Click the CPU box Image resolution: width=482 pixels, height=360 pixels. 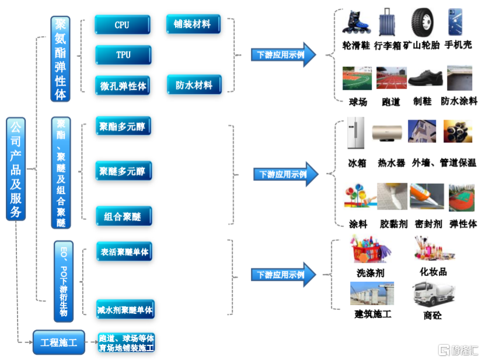coord(123,25)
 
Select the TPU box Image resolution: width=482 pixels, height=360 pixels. coord(123,55)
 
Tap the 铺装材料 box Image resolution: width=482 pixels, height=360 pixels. coord(193,24)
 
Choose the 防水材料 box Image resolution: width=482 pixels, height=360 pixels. coord(194,85)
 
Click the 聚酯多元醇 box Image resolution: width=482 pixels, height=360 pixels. coord(123,126)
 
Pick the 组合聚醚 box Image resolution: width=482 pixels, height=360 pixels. coord(124,216)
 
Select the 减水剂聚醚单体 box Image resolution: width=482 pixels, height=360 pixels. coord(125,309)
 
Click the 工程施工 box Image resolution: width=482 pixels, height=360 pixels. coord(59,342)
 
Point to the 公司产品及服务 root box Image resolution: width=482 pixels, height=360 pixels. coord(16,169)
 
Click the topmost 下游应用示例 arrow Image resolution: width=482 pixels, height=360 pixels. coord(283,55)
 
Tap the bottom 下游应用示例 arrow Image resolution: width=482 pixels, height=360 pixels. coord(283,275)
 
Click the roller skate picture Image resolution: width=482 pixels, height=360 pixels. coord(357,22)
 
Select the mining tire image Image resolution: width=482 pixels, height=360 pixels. coord(423,22)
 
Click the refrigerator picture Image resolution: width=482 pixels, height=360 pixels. coord(355,133)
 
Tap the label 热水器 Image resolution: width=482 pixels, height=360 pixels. coord(392,163)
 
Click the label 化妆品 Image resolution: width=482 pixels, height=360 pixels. coord(433,272)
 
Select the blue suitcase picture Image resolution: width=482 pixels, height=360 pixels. coord(387,22)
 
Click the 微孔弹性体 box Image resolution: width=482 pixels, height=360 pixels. coord(123,85)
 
